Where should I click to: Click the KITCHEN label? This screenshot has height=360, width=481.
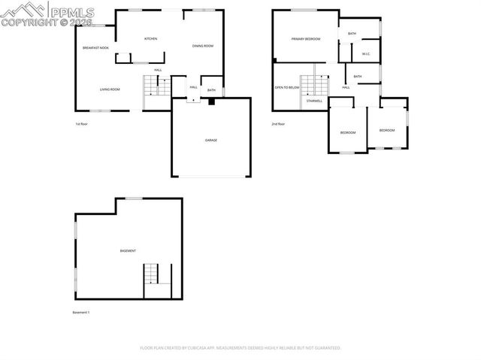tap(150, 38)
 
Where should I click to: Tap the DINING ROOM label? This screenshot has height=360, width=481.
tap(203, 46)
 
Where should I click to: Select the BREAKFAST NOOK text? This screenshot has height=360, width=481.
tap(95, 48)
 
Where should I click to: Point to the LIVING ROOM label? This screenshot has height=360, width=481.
tap(110, 89)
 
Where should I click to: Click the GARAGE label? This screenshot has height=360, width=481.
tap(211, 140)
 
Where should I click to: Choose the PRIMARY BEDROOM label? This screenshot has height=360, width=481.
tap(306, 38)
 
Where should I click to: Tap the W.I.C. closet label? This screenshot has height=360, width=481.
tap(366, 54)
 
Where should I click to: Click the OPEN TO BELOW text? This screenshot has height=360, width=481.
tap(287, 87)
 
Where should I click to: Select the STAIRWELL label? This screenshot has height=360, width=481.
tap(314, 100)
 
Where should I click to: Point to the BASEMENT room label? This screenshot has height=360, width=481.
tap(128, 250)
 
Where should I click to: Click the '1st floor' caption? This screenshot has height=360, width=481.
tap(82, 124)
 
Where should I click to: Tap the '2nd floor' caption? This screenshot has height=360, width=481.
tap(279, 124)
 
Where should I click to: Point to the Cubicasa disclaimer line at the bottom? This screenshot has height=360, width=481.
tap(240, 348)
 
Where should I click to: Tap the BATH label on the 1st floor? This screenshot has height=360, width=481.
tap(211, 90)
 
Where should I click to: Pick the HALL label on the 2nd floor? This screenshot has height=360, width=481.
tap(346, 87)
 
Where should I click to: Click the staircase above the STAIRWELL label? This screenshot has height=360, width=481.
tap(310, 85)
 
